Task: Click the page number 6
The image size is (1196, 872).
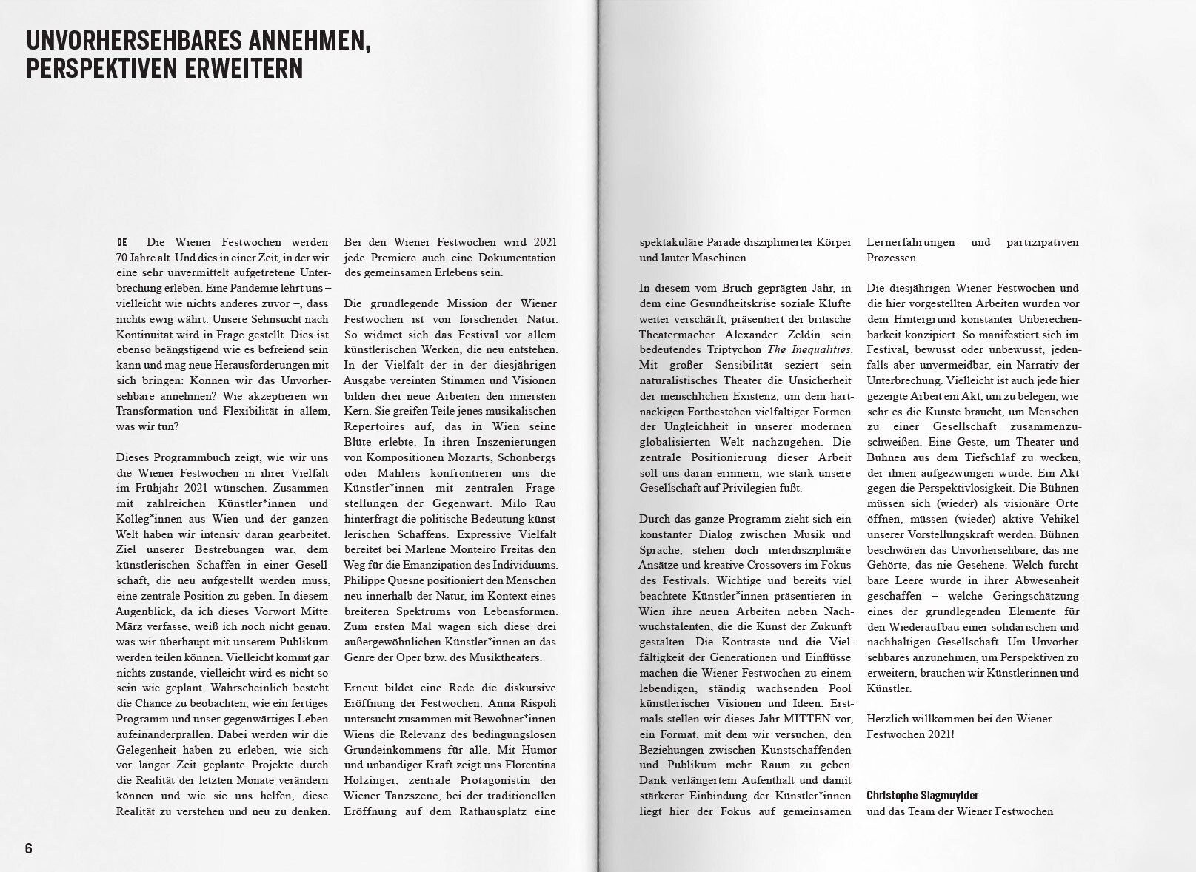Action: coord(29,848)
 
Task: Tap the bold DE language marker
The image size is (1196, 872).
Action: coord(122,243)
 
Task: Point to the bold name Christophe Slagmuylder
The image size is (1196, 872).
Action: coord(922,796)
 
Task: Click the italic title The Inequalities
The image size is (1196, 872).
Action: coord(809,349)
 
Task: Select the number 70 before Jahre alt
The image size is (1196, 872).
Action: coord(122,258)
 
